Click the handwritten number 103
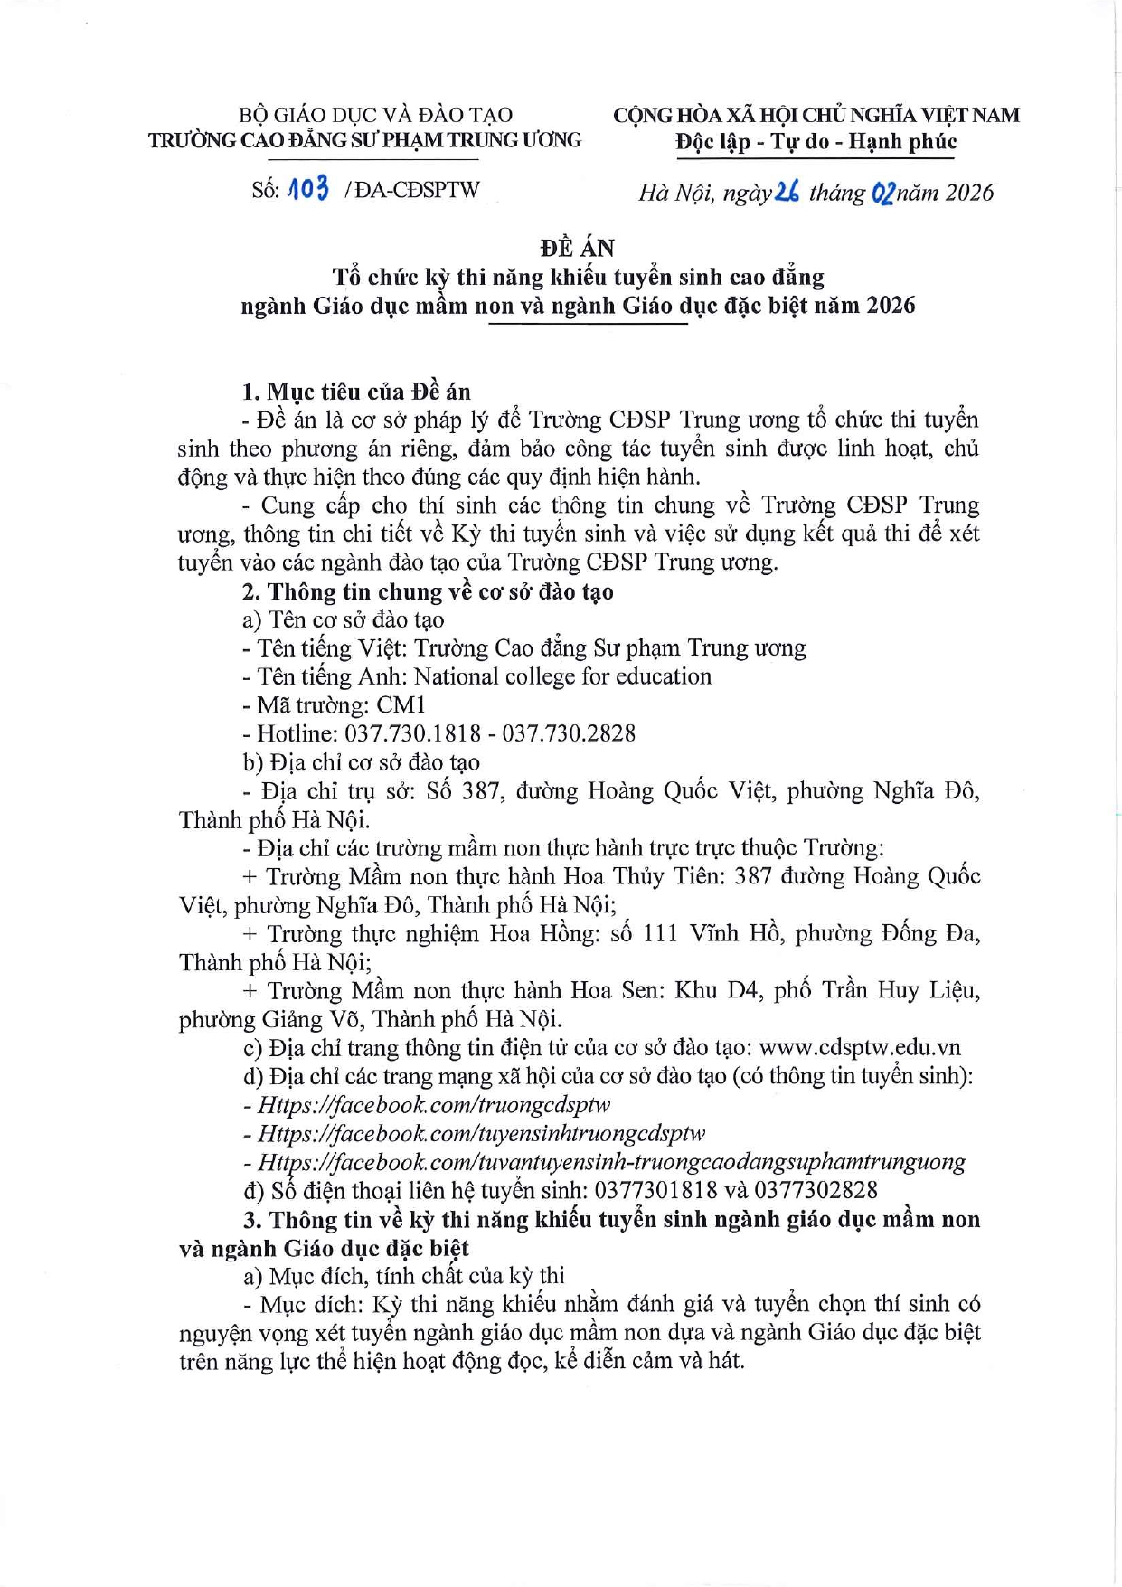(x=307, y=189)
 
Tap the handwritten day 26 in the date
(x=787, y=192)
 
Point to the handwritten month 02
(x=882, y=193)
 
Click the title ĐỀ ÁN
(x=578, y=248)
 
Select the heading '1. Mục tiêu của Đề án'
(x=356, y=392)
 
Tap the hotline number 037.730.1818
(x=412, y=733)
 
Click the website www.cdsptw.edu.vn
(x=859, y=1047)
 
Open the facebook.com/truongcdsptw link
(x=434, y=1104)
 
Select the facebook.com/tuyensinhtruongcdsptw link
(x=481, y=1133)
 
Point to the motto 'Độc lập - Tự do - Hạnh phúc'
(x=816, y=142)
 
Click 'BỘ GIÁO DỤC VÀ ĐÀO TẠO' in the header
(x=375, y=115)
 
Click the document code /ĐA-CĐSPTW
(x=412, y=190)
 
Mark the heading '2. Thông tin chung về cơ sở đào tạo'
(x=428, y=591)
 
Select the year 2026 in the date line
(x=969, y=193)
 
